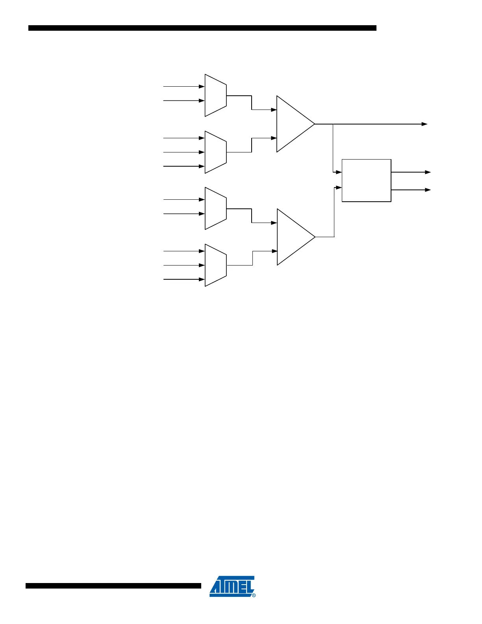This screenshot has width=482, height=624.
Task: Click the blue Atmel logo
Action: (232, 586)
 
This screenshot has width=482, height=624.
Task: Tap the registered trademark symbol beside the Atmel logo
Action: (254, 595)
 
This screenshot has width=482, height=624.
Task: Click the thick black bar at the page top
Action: (202, 28)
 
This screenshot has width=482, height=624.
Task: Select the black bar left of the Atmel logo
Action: (113, 586)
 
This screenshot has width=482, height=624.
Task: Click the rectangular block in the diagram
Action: (366, 180)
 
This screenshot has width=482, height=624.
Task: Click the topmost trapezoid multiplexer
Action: (215, 95)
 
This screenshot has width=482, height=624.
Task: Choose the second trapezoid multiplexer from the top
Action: (215, 152)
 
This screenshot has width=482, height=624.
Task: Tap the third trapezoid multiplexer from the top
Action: (215, 208)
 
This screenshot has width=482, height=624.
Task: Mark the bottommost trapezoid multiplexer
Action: (215, 265)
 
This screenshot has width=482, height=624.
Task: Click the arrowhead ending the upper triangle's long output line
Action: (425, 124)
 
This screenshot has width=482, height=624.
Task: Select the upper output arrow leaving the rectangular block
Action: (428, 172)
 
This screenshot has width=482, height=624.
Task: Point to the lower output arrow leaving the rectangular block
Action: (428, 190)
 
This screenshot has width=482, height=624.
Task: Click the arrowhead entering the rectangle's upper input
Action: (339, 172)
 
